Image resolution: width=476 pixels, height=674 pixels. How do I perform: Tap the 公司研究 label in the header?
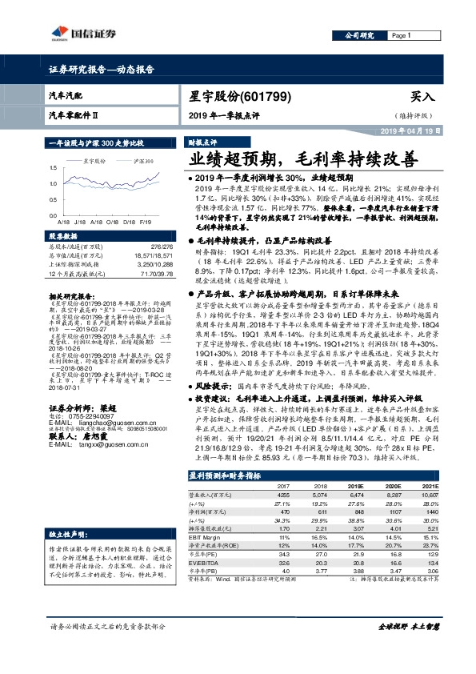click(360, 36)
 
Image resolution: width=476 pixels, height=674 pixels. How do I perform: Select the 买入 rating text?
click(422, 96)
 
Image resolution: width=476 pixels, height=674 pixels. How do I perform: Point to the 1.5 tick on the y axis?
click(52, 168)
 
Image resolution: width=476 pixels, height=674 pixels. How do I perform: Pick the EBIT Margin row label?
click(206, 537)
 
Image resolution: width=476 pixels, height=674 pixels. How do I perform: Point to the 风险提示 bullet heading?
click(212, 407)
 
